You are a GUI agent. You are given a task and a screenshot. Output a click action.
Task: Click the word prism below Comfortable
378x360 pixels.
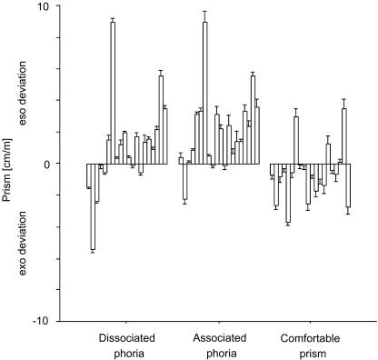pyautogui.click(x=309, y=352)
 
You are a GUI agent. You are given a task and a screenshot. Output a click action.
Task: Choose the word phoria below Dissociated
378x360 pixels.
pyautogui.click(x=127, y=352)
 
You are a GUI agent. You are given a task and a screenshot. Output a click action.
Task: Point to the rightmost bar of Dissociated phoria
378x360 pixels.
pyautogui.click(x=165, y=136)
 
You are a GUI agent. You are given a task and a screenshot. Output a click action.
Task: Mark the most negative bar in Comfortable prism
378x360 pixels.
pyautogui.click(x=288, y=193)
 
